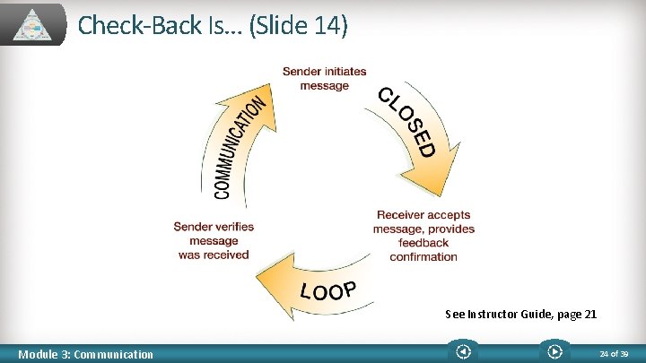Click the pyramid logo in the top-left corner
[38, 24]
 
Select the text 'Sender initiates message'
[324, 79]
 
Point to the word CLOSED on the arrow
[406, 121]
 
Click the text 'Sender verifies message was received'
[214, 240]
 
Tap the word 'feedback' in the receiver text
[423, 242]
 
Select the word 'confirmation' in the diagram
[423, 256]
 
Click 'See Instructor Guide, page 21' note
[520, 315]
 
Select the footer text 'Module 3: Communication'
[86, 354]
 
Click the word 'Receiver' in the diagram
[399, 215]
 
